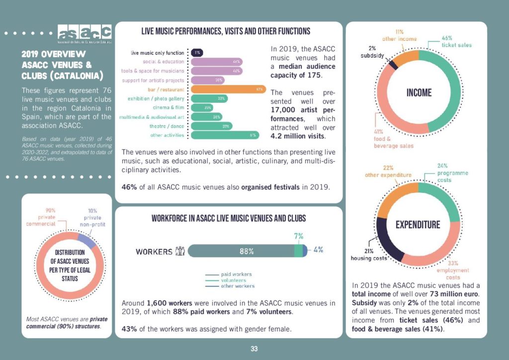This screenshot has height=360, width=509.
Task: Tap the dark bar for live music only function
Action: click(197, 52)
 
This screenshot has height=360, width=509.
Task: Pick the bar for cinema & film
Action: click(202, 108)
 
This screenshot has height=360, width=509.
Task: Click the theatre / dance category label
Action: click(167, 126)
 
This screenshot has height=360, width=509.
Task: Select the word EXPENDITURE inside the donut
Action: click(418, 225)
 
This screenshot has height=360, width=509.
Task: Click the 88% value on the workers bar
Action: click(247, 251)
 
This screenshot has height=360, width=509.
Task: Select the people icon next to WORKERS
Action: click(180, 251)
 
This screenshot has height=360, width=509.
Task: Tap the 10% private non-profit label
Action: click(92, 217)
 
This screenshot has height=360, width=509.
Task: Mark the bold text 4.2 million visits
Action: click(298, 136)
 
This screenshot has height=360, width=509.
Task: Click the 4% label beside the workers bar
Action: click(319, 250)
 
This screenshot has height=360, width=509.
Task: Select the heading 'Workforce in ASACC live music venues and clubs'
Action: click(229, 218)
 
